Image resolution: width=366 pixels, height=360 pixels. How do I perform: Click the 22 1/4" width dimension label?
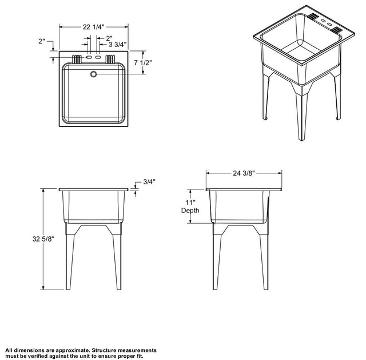[x=94, y=27]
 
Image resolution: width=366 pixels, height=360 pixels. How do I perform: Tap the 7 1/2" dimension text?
[x=143, y=62]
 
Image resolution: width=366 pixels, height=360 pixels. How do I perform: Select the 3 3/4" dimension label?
[x=117, y=44]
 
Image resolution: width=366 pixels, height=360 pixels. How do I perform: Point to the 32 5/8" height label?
[x=43, y=239]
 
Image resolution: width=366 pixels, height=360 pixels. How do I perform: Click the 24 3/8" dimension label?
[x=244, y=173]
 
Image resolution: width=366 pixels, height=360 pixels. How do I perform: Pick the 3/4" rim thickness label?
[x=149, y=182]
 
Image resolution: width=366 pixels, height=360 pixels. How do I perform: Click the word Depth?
[x=190, y=211]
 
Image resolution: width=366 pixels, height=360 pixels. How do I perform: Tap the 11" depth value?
[x=190, y=203]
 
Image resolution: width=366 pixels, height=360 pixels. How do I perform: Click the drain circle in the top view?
[x=93, y=74]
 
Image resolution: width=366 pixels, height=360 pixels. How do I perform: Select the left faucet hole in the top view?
[x=89, y=57]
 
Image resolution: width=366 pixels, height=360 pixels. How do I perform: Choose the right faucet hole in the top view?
[x=98, y=57]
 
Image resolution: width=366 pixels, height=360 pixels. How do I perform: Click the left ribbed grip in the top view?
[x=77, y=60]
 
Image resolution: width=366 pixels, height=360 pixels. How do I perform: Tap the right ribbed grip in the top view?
[x=110, y=60]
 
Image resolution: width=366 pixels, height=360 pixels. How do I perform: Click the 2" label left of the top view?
[x=42, y=41]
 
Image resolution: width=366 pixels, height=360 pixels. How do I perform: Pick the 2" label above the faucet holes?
[x=109, y=38]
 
